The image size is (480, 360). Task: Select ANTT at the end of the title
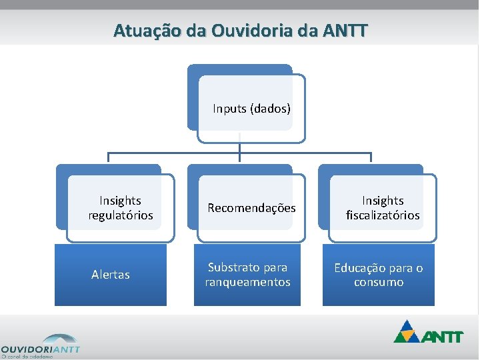345,31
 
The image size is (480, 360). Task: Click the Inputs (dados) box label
251,108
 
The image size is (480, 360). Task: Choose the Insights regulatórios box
120,207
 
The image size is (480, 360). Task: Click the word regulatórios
121,215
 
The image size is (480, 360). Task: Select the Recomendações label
251,208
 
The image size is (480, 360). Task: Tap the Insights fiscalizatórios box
383,207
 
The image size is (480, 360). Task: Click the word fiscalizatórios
383,215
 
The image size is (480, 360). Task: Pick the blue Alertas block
111,275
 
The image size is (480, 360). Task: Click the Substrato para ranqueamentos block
247,275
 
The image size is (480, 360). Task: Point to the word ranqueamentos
247,283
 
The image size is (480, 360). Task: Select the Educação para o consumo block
379,275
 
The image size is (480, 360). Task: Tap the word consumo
379,283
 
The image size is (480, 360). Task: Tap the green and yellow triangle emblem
408,331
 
